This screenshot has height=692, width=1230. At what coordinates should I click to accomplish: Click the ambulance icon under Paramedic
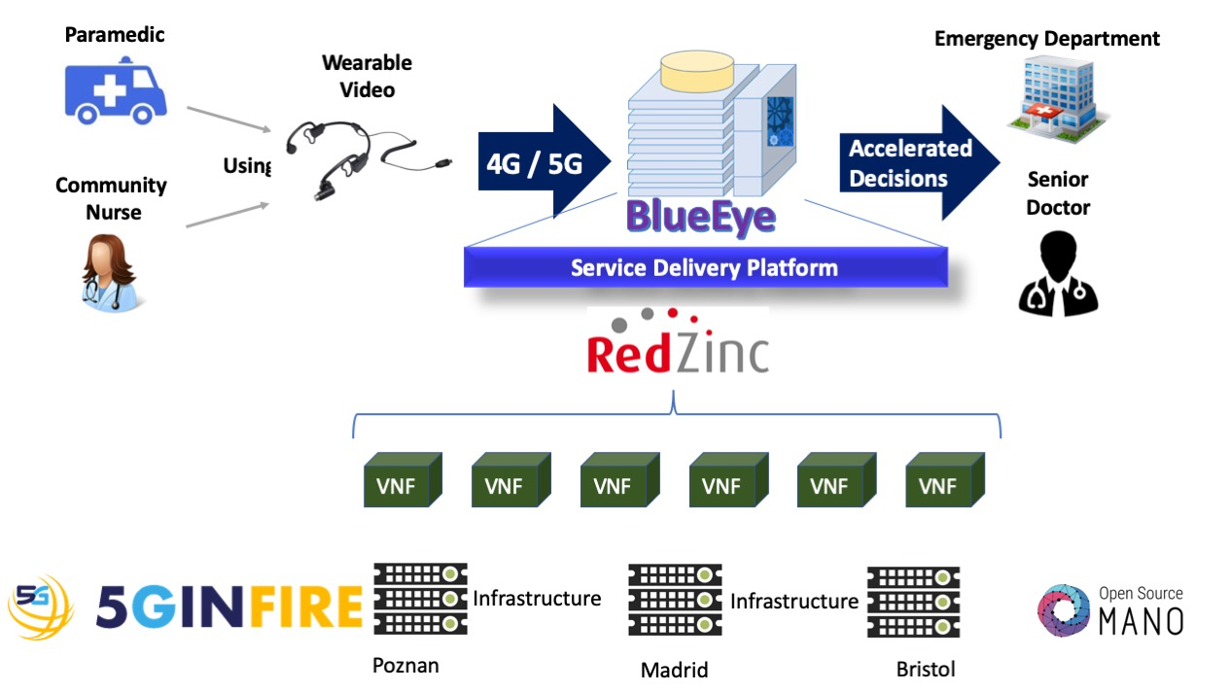[116, 91]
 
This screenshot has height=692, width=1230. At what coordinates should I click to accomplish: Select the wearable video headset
[335, 156]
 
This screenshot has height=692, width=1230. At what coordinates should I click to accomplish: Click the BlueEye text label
[702, 216]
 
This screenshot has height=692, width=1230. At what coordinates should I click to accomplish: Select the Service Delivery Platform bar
[705, 267]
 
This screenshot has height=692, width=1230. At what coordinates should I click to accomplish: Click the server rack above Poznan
[420, 598]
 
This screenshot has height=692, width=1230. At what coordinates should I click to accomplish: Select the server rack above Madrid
[675, 601]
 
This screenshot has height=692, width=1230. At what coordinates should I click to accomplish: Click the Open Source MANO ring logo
[1064, 611]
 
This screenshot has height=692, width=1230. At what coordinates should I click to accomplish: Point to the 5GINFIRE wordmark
[229, 606]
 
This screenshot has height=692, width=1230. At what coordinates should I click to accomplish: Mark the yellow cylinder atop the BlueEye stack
[696, 71]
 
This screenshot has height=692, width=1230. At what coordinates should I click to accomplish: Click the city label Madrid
[674, 670]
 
